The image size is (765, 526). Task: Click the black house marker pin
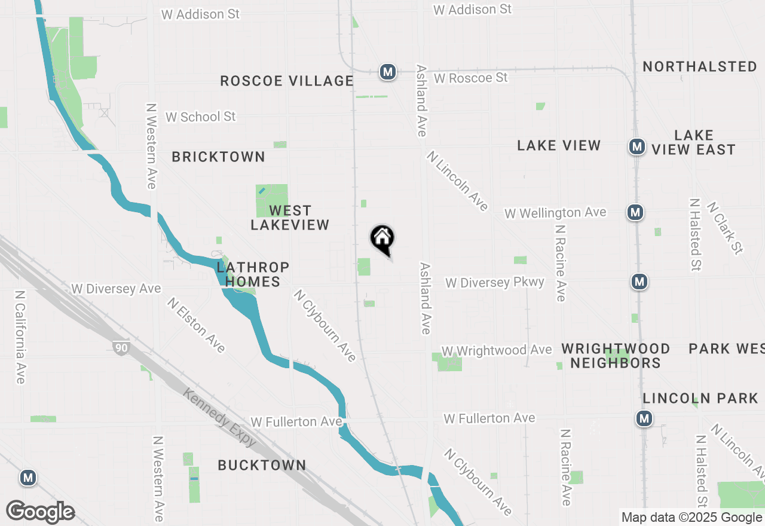tap(382, 239)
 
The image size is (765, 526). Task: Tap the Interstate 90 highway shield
tap(121, 347)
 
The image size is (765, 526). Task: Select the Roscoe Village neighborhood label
tap(287, 81)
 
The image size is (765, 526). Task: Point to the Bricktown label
tap(218, 157)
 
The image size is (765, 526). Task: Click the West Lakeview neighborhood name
tap(290, 218)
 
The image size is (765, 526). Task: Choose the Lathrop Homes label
tap(253, 274)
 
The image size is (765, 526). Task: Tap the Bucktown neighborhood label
tap(262, 465)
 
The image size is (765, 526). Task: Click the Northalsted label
tap(700, 66)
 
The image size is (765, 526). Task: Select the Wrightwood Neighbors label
tap(616, 356)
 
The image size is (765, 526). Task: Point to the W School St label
tap(201, 117)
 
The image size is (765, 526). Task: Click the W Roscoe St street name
tap(471, 78)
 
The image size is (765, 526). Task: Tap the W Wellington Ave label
tap(555, 213)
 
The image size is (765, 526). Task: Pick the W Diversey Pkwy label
tap(495, 282)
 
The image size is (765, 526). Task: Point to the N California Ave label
tap(20, 337)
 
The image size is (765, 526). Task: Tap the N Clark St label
tap(725, 228)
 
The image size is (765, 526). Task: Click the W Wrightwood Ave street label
tap(497, 350)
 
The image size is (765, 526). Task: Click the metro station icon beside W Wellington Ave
tap(635, 212)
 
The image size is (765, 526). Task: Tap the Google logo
tap(40, 512)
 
